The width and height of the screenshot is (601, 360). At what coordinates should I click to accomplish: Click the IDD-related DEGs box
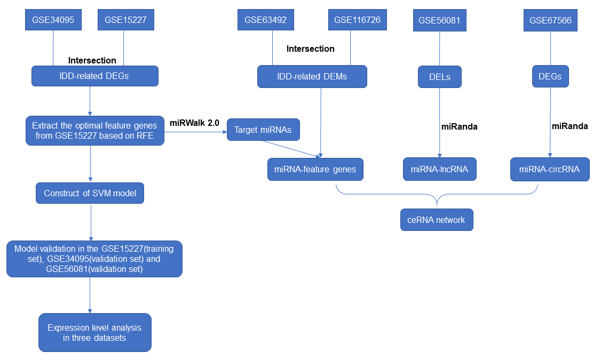[95, 76]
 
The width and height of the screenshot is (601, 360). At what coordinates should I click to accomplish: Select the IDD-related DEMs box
[312, 76]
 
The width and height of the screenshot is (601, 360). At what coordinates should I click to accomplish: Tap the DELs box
[439, 76]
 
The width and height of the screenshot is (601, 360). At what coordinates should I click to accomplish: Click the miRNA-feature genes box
[315, 169]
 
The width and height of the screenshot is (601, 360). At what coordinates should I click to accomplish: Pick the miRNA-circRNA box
[550, 169]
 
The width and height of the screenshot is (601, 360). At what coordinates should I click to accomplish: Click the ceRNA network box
[437, 220]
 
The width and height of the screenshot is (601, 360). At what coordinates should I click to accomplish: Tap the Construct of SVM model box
[90, 193]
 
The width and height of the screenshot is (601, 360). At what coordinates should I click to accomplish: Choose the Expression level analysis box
[95, 332]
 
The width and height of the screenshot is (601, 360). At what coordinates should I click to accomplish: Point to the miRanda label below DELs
[459, 126]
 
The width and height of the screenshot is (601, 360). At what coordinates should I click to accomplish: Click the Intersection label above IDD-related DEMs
[311, 49]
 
